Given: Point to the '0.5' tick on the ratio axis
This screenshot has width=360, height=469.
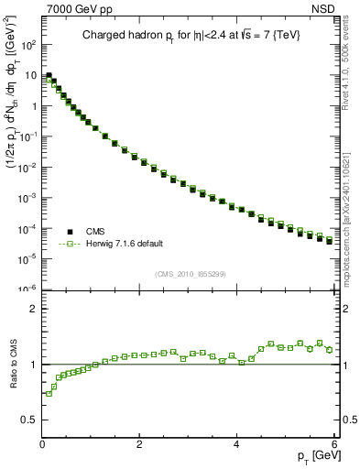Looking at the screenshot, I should (x=28, y=420).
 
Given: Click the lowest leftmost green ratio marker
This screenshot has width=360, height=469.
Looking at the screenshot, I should (x=49, y=394).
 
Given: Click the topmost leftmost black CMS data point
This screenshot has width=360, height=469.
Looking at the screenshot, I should (x=49, y=76).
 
